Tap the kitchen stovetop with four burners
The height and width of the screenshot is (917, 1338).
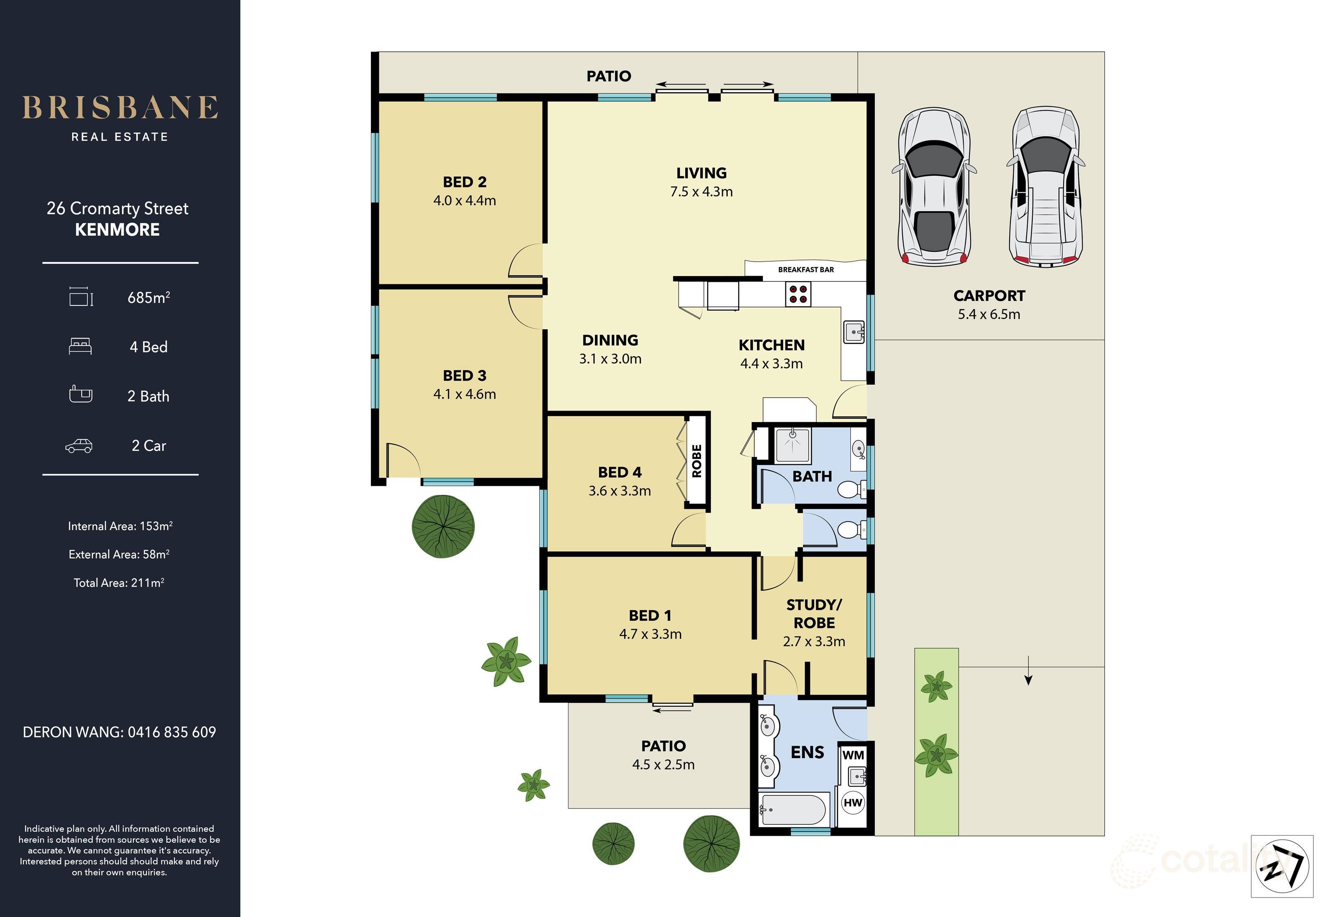coord(798,294)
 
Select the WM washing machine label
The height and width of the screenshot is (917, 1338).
coord(853,755)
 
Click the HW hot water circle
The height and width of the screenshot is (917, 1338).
coord(853,802)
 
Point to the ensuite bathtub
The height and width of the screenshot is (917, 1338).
coord(794,809)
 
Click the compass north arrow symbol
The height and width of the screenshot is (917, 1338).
coord(1282,866)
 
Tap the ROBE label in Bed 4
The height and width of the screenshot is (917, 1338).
coord(696,461)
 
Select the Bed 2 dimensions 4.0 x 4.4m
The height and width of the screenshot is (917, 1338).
coord(465,201)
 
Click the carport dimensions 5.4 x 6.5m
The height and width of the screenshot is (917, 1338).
coord(989,314)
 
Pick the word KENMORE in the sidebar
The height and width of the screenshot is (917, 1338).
coord(118,229)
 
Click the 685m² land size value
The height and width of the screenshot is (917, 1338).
coord(149,298)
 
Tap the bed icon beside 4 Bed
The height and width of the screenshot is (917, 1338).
coord(80,346)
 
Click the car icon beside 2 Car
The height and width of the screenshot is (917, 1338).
coord(79,446)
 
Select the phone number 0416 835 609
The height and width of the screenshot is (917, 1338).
coord(172,732)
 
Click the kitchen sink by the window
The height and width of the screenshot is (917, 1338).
coord(854,332)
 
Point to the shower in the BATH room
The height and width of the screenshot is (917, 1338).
coord(793,445)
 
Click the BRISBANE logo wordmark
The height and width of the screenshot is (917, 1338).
coord(120,108)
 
